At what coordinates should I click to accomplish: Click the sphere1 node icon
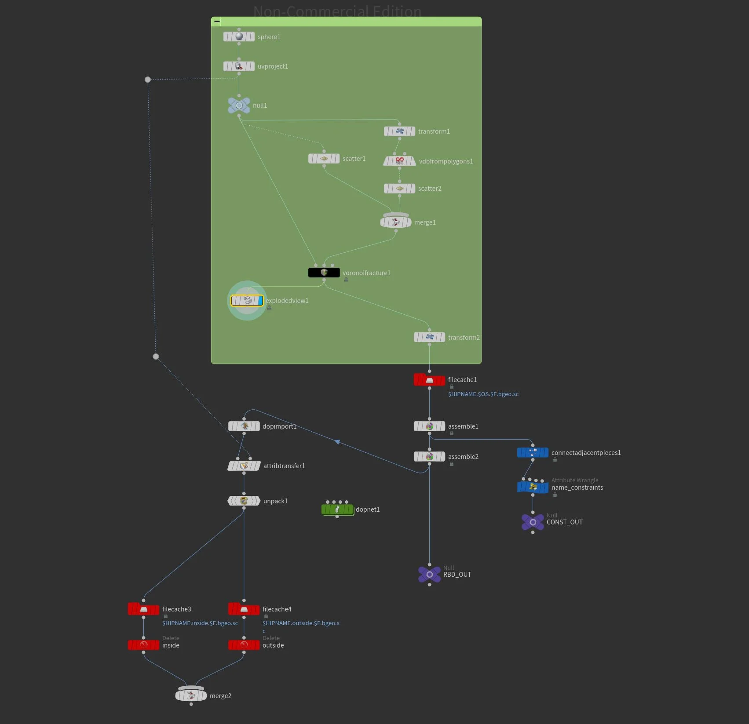[x=239, y=36]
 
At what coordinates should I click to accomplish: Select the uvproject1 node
[x=239, y=66]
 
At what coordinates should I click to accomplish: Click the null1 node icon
[x=239, y=106]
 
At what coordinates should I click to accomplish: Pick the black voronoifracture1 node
[x=324, y=273]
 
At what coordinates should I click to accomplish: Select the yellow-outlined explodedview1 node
[x=247, y=301]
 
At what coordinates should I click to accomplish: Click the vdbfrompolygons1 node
[x=399, y=161]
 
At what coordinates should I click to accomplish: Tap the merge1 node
[x=395, y=222]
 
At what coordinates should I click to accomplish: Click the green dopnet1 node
[x=337, y=509]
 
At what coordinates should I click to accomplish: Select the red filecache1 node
[x=429, y=380]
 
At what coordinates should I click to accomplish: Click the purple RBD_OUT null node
[x=429, y=574]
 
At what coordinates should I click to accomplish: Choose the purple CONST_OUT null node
[x=533, y=522]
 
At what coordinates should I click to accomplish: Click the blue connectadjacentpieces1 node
[x=533, y=452]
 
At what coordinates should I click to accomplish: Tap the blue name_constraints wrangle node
[x=533, y=487]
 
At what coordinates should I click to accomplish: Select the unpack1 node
[x=244, y=501]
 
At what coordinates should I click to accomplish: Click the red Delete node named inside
[x=143, y=645]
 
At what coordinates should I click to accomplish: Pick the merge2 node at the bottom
[x=191, y=695]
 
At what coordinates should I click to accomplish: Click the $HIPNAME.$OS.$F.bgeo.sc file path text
[x=483, y=394]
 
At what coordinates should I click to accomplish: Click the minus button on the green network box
[x=217, y=22]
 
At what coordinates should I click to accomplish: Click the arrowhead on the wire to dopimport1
[x=337, y=442]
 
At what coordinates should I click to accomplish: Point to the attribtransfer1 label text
[x=284, y=466]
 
